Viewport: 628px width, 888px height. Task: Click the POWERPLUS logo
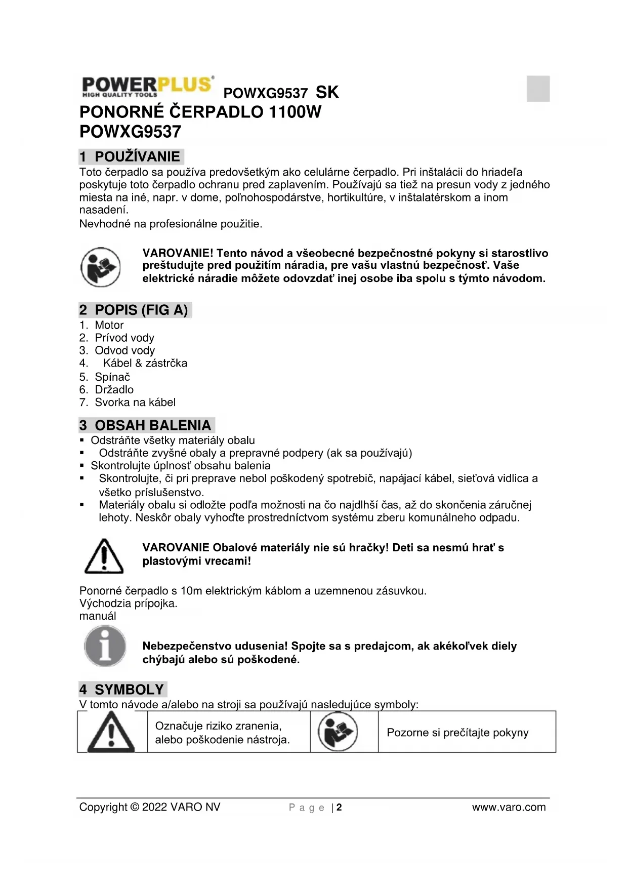(x=147, y=86)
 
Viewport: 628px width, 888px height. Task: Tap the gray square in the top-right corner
(x=538, y=89)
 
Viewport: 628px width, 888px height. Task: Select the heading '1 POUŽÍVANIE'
(x=131, y=156)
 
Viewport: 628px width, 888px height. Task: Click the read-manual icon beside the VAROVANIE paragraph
(x=101, y=267)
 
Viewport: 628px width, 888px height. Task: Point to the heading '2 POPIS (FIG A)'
(x=135, y=310)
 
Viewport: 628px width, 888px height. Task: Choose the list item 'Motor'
(x=109, y=325)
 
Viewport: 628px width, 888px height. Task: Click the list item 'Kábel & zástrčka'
(x=145, y=363)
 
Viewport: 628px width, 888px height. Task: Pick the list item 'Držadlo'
(x=114, y=389)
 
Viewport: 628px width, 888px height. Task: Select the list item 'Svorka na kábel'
(x=135, y=402)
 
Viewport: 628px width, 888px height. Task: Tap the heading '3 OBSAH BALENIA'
(x=146, y=425)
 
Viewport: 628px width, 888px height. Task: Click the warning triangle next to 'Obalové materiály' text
(x=104, y=556)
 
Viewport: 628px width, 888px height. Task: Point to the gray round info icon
(x=105, y=646)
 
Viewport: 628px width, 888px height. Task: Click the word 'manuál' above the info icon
(x=98, y=616)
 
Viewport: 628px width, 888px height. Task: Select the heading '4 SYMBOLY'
(x=122, y=689)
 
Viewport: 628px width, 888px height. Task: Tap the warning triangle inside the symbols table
(x=111, y=732)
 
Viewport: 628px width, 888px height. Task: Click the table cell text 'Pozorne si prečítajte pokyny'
(x=457, y=733)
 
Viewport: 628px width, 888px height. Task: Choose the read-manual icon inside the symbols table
(x=338, y=732)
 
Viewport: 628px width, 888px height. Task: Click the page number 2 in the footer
(x=339, y=807)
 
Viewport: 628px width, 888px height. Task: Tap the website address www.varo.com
(x=509, y=807)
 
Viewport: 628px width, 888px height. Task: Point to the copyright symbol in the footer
(x=134, y=807)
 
